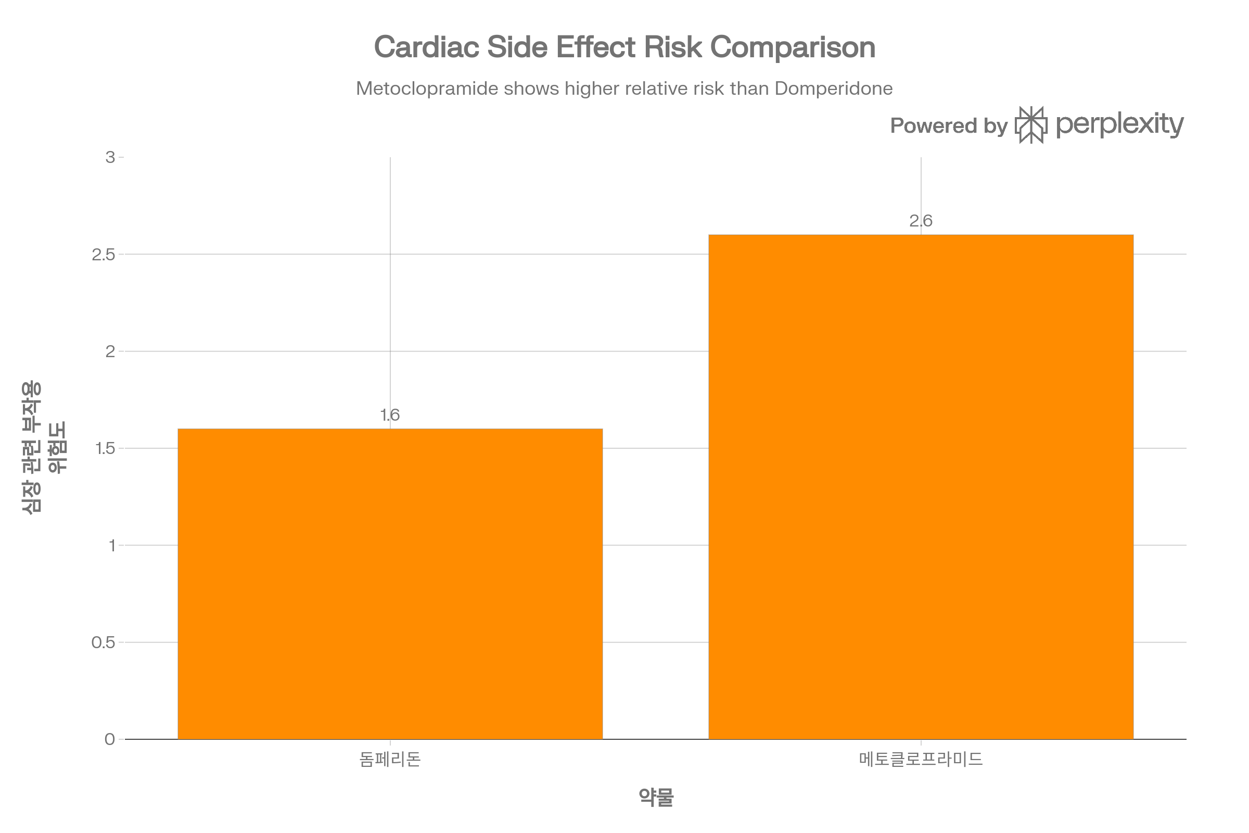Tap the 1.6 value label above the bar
(x=390, y=414)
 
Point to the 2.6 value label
(x=921, y=220)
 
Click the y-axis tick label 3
(x=110, y=157)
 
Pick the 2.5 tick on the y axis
(x=104, y=255)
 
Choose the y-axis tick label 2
(x=110, y=351)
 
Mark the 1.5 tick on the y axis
(x=104, y=448)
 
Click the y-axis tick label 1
(x=111, y=545)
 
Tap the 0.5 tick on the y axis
(x=104, y=642)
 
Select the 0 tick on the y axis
(x=110, y=739)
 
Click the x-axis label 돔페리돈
(x=390, y=759)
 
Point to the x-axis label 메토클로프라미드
(x=921, y=759)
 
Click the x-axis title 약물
(x=655, y=797)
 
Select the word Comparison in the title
(x=792, y=47)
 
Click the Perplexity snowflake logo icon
(x=1031, y=125)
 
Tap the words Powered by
(x=948, y=126)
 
